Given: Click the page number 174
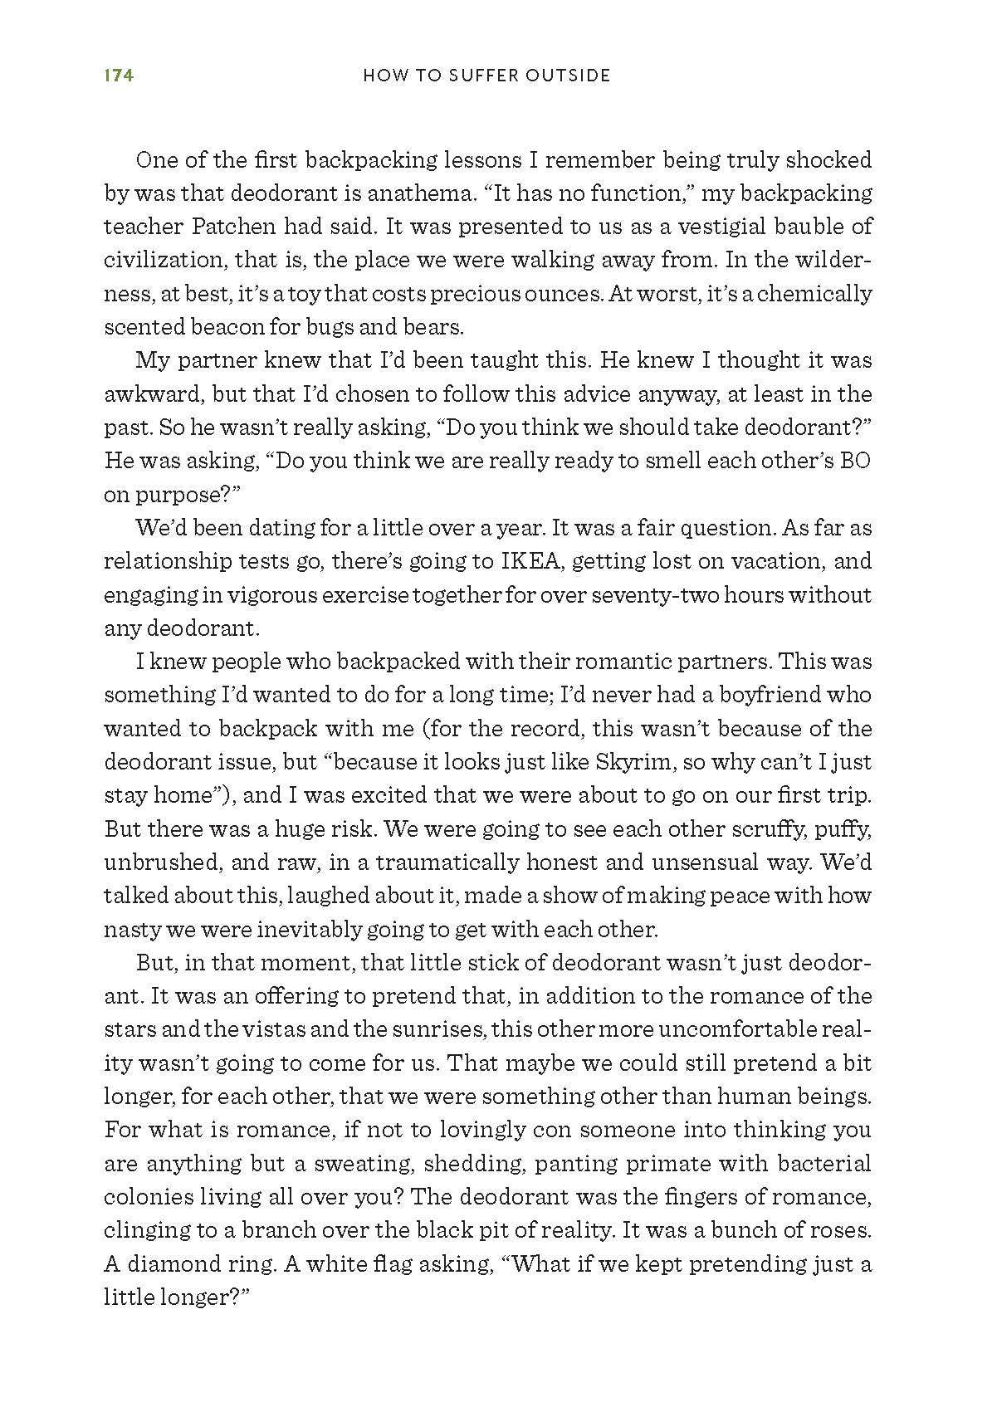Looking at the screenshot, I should (118, 76).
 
